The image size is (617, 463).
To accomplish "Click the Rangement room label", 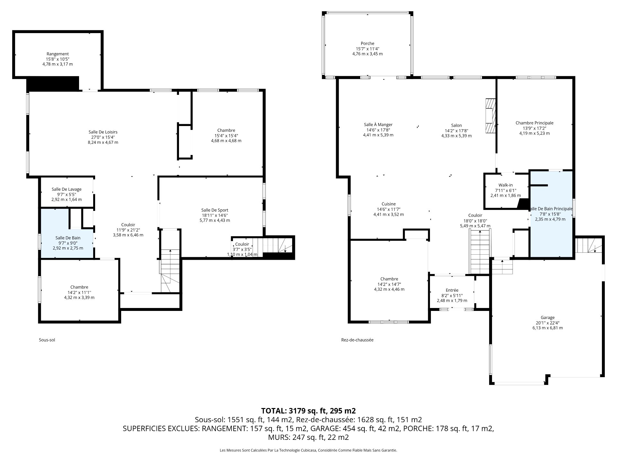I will (58, 54).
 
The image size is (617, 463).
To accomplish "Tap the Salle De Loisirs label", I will (103, 132).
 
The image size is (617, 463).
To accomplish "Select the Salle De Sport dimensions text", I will (215, 218).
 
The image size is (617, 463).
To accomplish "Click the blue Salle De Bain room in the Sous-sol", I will (67, 238).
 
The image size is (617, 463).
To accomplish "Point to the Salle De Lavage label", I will (67, 189).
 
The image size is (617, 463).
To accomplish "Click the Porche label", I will (367, 44).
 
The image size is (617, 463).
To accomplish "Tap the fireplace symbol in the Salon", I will (490, 116).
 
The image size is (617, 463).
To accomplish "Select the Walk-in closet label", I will (505, 185).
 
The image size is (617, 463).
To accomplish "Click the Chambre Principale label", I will (534, 123).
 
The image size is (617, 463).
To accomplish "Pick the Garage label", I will (547, 318).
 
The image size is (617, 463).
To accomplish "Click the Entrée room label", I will (452, 290).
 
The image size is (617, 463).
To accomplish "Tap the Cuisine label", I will (389, 204).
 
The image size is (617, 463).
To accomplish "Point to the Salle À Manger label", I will (378, 125).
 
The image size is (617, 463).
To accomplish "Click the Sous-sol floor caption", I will (47, 340).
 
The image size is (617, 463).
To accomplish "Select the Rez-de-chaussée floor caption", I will (357, 340).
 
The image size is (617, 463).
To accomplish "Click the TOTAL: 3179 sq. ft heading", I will (308, 411).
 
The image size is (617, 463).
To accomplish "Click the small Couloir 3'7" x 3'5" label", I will (242, 244).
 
